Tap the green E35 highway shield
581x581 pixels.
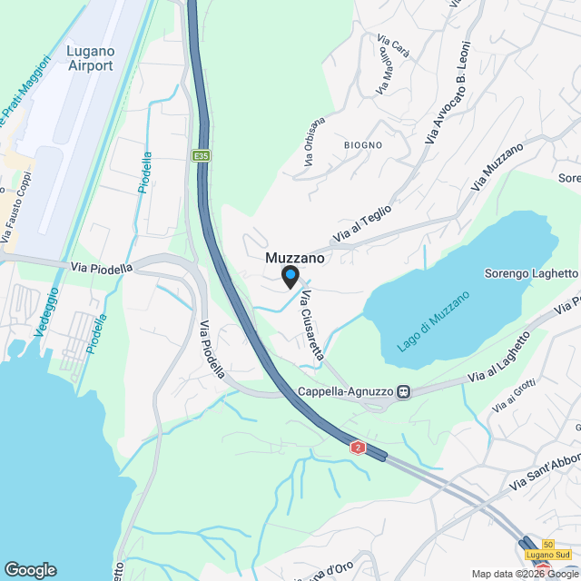201,156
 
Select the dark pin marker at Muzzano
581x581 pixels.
290,276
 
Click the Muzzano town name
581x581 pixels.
295,258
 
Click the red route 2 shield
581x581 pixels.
359,448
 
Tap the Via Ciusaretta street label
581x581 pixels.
312,326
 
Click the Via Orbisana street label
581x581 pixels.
315,143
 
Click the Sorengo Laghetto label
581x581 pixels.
530,273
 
